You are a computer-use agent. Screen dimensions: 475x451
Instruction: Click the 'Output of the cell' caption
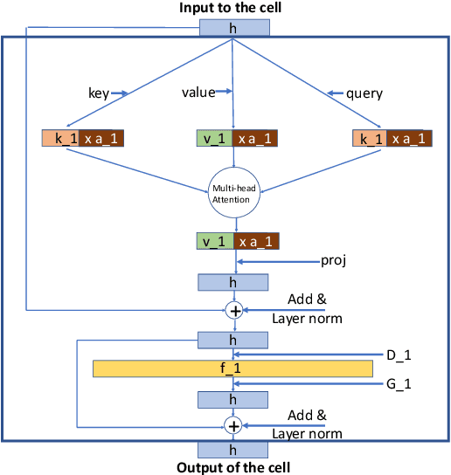pos(233,467)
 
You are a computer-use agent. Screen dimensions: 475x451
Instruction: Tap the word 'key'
pos(98,92)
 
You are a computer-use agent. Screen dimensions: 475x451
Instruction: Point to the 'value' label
pos(198,92)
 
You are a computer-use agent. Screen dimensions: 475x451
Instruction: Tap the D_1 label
pos(399,354)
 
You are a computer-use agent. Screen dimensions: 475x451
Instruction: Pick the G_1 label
pos(399,383)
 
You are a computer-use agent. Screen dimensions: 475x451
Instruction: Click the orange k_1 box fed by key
pos(60,138)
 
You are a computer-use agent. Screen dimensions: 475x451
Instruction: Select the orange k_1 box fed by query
pos(370,138)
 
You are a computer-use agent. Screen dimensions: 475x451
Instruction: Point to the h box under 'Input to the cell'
pos(233,27)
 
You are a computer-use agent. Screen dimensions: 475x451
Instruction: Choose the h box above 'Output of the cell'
pos(233,450)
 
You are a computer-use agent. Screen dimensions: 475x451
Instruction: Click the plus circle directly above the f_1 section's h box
pos(233,310)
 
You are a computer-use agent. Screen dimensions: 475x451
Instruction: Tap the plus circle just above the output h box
pos(233,425)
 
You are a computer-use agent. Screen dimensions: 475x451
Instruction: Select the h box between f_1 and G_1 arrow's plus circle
pos(233,399)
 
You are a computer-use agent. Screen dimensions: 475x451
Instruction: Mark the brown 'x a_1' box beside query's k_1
pos(408,138)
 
